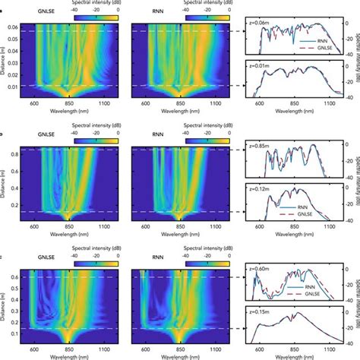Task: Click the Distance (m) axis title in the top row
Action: [5, 57]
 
